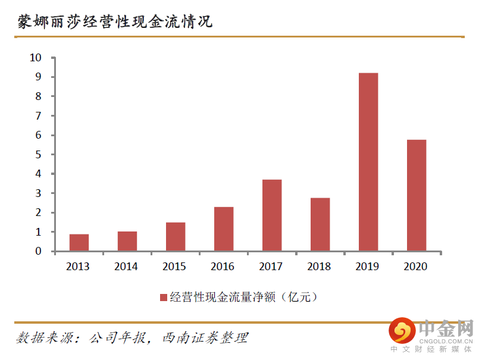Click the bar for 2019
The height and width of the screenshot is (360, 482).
(x=368, y=162)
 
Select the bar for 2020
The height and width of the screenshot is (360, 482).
(x=416, y=195)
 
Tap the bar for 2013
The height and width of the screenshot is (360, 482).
(x=79, y=242)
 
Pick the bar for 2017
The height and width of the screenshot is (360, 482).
(x=271, y=215)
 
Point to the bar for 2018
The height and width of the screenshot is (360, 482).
(x=320, y=224)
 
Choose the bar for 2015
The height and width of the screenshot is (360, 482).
(x=175, y=236)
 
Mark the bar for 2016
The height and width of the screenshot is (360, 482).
(x=223, y=228)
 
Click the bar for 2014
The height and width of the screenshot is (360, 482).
(x=127, y=241)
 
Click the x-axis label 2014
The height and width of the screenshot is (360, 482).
(x=127, y=267)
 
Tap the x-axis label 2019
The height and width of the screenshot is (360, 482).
(x=368, y=267)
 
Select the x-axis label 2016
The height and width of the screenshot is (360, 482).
(x=223, y=267)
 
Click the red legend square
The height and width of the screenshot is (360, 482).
(x=163, y=298)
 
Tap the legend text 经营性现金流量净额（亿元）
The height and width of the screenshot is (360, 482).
(x=244, y=298)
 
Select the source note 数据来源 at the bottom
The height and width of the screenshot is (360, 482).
(x=131, y=337)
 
